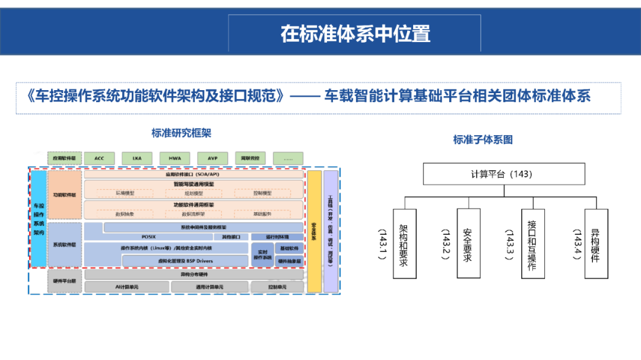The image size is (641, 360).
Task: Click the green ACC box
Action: point(99,158)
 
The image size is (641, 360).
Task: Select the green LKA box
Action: point(137,158)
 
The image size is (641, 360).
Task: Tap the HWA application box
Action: point(174,158)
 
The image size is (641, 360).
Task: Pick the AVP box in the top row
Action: point(212,158)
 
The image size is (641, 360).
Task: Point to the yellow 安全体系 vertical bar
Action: point(314,232)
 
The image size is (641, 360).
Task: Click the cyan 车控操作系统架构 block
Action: point(39,219)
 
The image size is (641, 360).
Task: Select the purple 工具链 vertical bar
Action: point(331,232)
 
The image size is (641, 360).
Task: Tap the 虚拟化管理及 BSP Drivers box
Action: point(185,260)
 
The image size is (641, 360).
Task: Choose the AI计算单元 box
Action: point(126,287)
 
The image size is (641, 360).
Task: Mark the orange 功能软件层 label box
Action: point(65,194)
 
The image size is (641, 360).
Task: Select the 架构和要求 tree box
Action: point(404,243)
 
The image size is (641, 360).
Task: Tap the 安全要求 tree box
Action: point(468,243)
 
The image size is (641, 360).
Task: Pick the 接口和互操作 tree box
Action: point(532,243)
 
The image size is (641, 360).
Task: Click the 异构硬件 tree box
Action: point(595,243)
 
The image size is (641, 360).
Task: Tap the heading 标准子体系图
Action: point(483,140)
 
